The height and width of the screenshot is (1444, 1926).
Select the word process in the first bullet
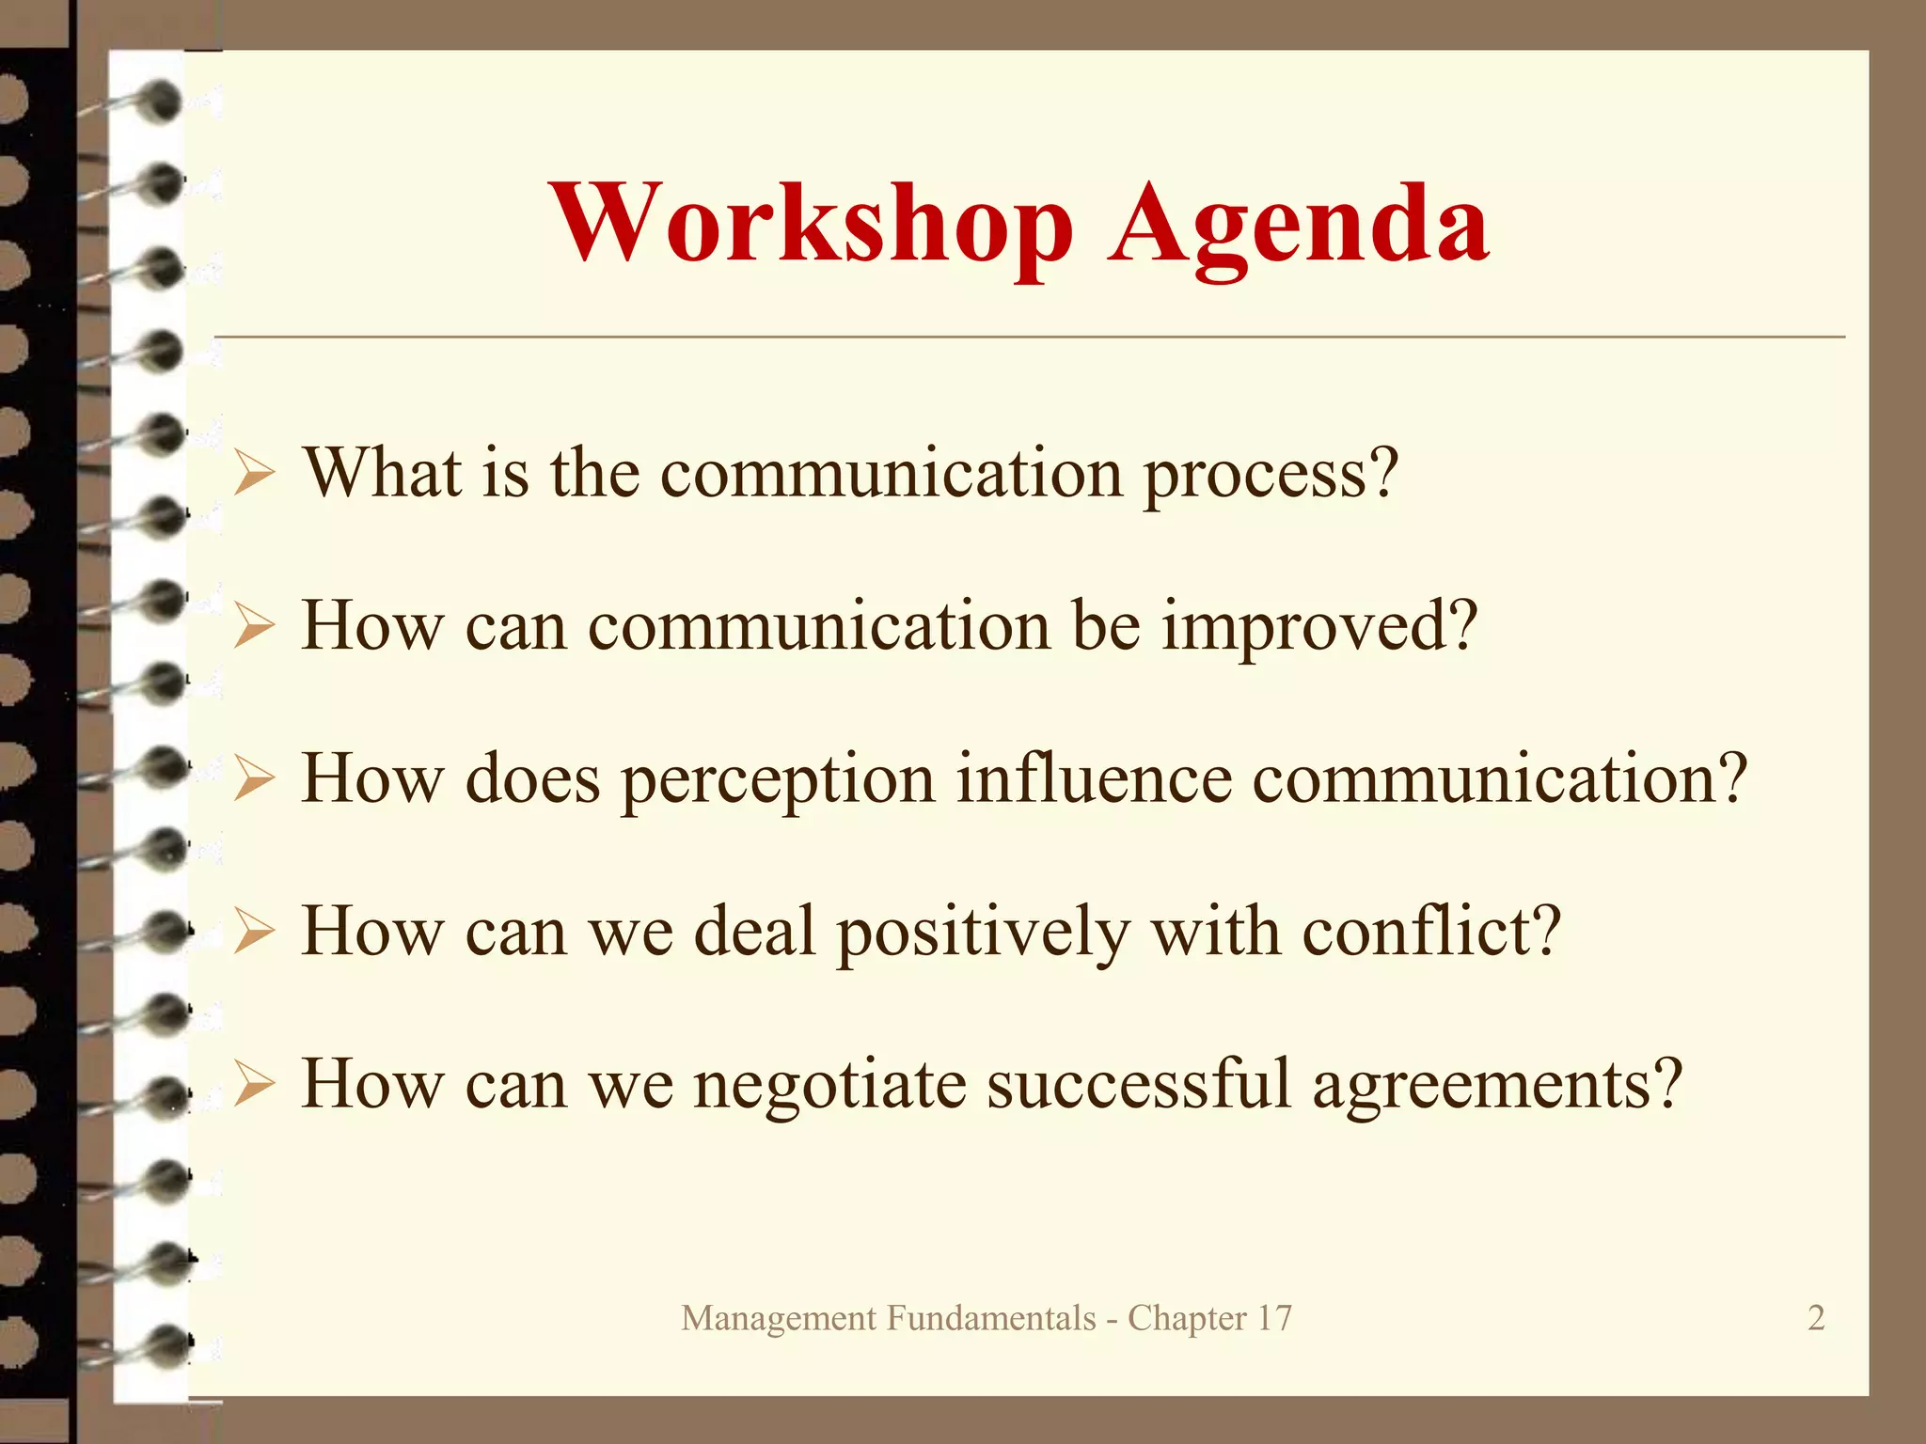click(1271, 475)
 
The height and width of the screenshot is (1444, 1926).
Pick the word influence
click(1094, 779)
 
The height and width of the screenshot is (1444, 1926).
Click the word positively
click(983, 934)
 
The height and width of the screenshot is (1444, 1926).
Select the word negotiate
click(829, 1087)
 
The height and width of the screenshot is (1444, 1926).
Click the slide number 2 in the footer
click(1816, 1318)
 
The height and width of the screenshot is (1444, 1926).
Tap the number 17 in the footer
click(1274, 1318)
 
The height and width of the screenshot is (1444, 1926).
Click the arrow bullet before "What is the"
click(254, 474)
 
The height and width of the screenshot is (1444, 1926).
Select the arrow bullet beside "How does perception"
click(254, 780)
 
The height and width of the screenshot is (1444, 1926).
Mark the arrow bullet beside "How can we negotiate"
click(254, 1086)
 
